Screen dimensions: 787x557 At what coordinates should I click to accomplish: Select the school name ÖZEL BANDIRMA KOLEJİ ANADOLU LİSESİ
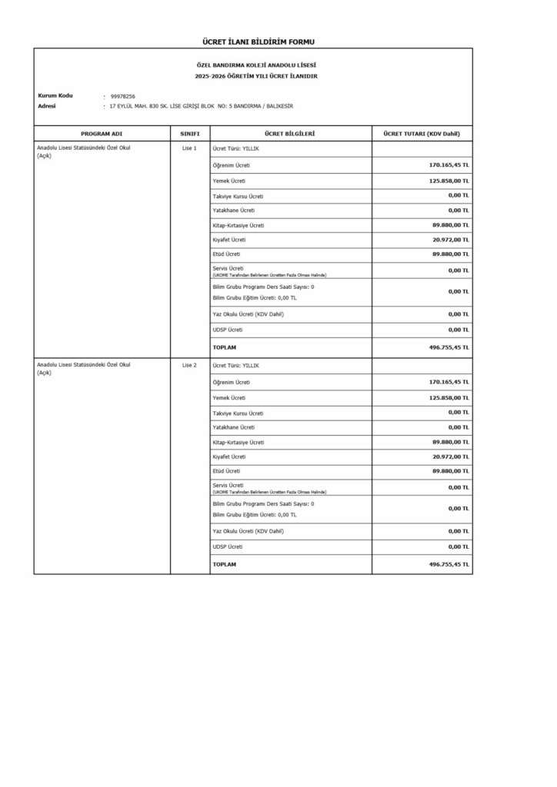tap(253, 66)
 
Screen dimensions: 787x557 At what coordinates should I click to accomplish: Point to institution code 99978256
tap(123, 96)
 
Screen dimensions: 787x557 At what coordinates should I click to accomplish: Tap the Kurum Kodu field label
tap(55, 95)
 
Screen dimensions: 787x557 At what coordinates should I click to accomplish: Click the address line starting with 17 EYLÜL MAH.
tap(202, 106)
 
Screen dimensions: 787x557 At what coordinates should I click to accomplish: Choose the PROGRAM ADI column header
tap(102, 134)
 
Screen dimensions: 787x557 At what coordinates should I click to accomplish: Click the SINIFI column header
tap(190, 134)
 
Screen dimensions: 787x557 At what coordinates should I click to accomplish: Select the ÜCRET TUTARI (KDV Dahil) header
tap(422, 134)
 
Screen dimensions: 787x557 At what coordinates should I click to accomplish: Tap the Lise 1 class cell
tap(189, 148)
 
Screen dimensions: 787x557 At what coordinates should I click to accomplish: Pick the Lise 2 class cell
tap(189, 365)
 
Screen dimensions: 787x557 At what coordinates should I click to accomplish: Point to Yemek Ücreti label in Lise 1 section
tap(228, 181)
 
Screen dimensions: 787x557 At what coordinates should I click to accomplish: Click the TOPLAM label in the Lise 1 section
tap(224, 347)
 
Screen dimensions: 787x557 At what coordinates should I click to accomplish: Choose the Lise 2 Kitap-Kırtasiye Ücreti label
tap(238, 443)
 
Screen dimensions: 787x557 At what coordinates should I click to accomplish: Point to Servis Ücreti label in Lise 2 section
tap(228, 485)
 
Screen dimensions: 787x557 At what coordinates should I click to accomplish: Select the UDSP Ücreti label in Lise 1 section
tap(227, 330)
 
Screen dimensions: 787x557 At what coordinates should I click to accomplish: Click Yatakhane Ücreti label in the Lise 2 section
tap(233, 427)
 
